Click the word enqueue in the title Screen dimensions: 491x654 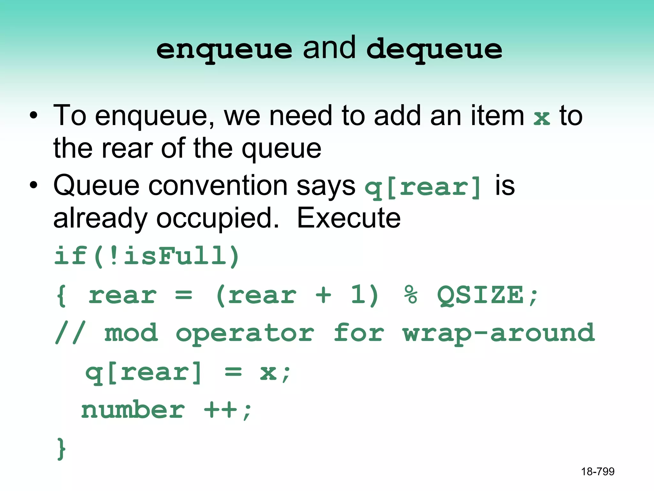(x=224, y=50)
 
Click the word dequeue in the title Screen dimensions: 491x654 (x=434, y=50)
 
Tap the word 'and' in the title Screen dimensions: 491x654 (x=329, y=48)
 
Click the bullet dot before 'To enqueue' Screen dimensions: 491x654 (x=34, y=115)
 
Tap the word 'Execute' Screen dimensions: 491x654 (x=349, y=218)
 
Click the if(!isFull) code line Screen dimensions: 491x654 (x=147, y=256)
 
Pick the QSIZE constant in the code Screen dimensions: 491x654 (x=480, y=295)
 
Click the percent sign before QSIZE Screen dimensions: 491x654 (x=411, y=295)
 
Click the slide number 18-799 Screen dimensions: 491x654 (x=598, y=472)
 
